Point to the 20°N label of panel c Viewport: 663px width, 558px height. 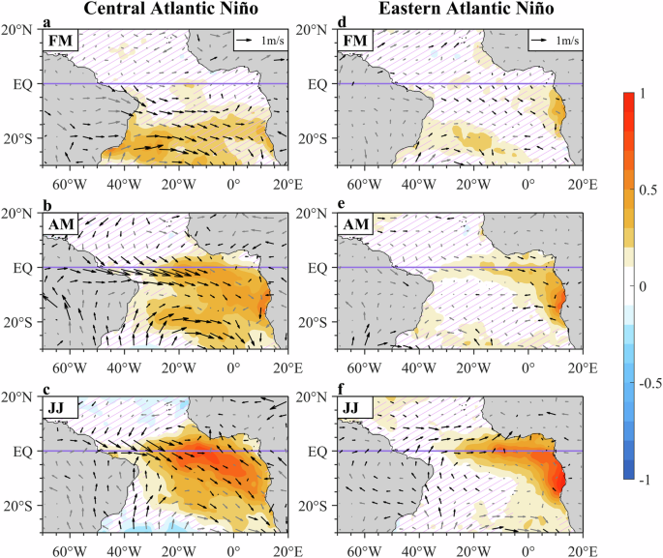tap(19, 397)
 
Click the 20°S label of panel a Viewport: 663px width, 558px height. tap(19, 138)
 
